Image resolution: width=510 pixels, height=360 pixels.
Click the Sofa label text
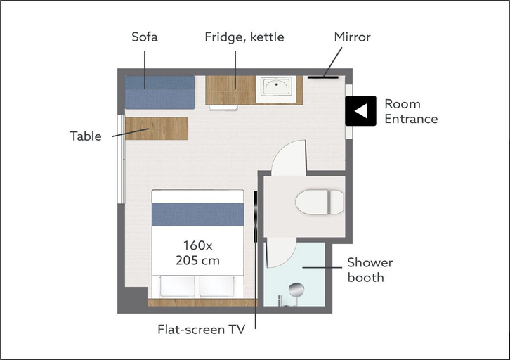click(x=145, y=37)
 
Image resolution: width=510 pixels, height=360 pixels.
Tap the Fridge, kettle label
click(x=244, y=37)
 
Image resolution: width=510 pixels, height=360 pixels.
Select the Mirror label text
click(x=352, y=37)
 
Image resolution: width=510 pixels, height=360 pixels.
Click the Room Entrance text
click(x=411, y=111)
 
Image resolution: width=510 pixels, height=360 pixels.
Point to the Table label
click(x=86, y=136)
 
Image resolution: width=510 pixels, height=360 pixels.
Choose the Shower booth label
click(x=370, y=270)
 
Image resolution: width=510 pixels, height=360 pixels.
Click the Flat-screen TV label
click(x=201, y=329)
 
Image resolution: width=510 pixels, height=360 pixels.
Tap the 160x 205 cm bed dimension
click(x=198, y=252)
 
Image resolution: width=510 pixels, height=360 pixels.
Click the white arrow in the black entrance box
click(x=360, y=110)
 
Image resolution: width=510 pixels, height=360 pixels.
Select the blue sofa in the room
click(x=159, y=92)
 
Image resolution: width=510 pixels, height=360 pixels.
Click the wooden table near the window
click(x=157, y=129)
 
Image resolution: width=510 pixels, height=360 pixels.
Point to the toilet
click(x=320, y=202)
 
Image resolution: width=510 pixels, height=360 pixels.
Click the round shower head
click(x=296, y=290)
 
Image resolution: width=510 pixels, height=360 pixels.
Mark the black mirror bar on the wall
click(x=323, y=77)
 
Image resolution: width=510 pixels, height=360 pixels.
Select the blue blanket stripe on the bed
click(x=198, y=214)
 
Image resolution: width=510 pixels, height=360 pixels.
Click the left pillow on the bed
click(x=177, y=286)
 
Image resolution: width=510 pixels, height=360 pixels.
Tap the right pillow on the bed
click(x=217, y=286)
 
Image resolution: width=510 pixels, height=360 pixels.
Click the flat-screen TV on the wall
click(x=255, y=217)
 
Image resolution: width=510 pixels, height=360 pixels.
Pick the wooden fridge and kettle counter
click(x=230, y=90)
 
